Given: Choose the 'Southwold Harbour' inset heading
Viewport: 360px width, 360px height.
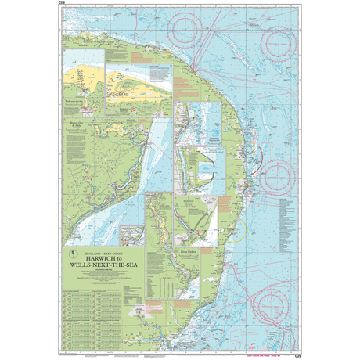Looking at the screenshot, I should (205, 201).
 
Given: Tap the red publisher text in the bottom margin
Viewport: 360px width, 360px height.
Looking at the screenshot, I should (272, 355).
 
